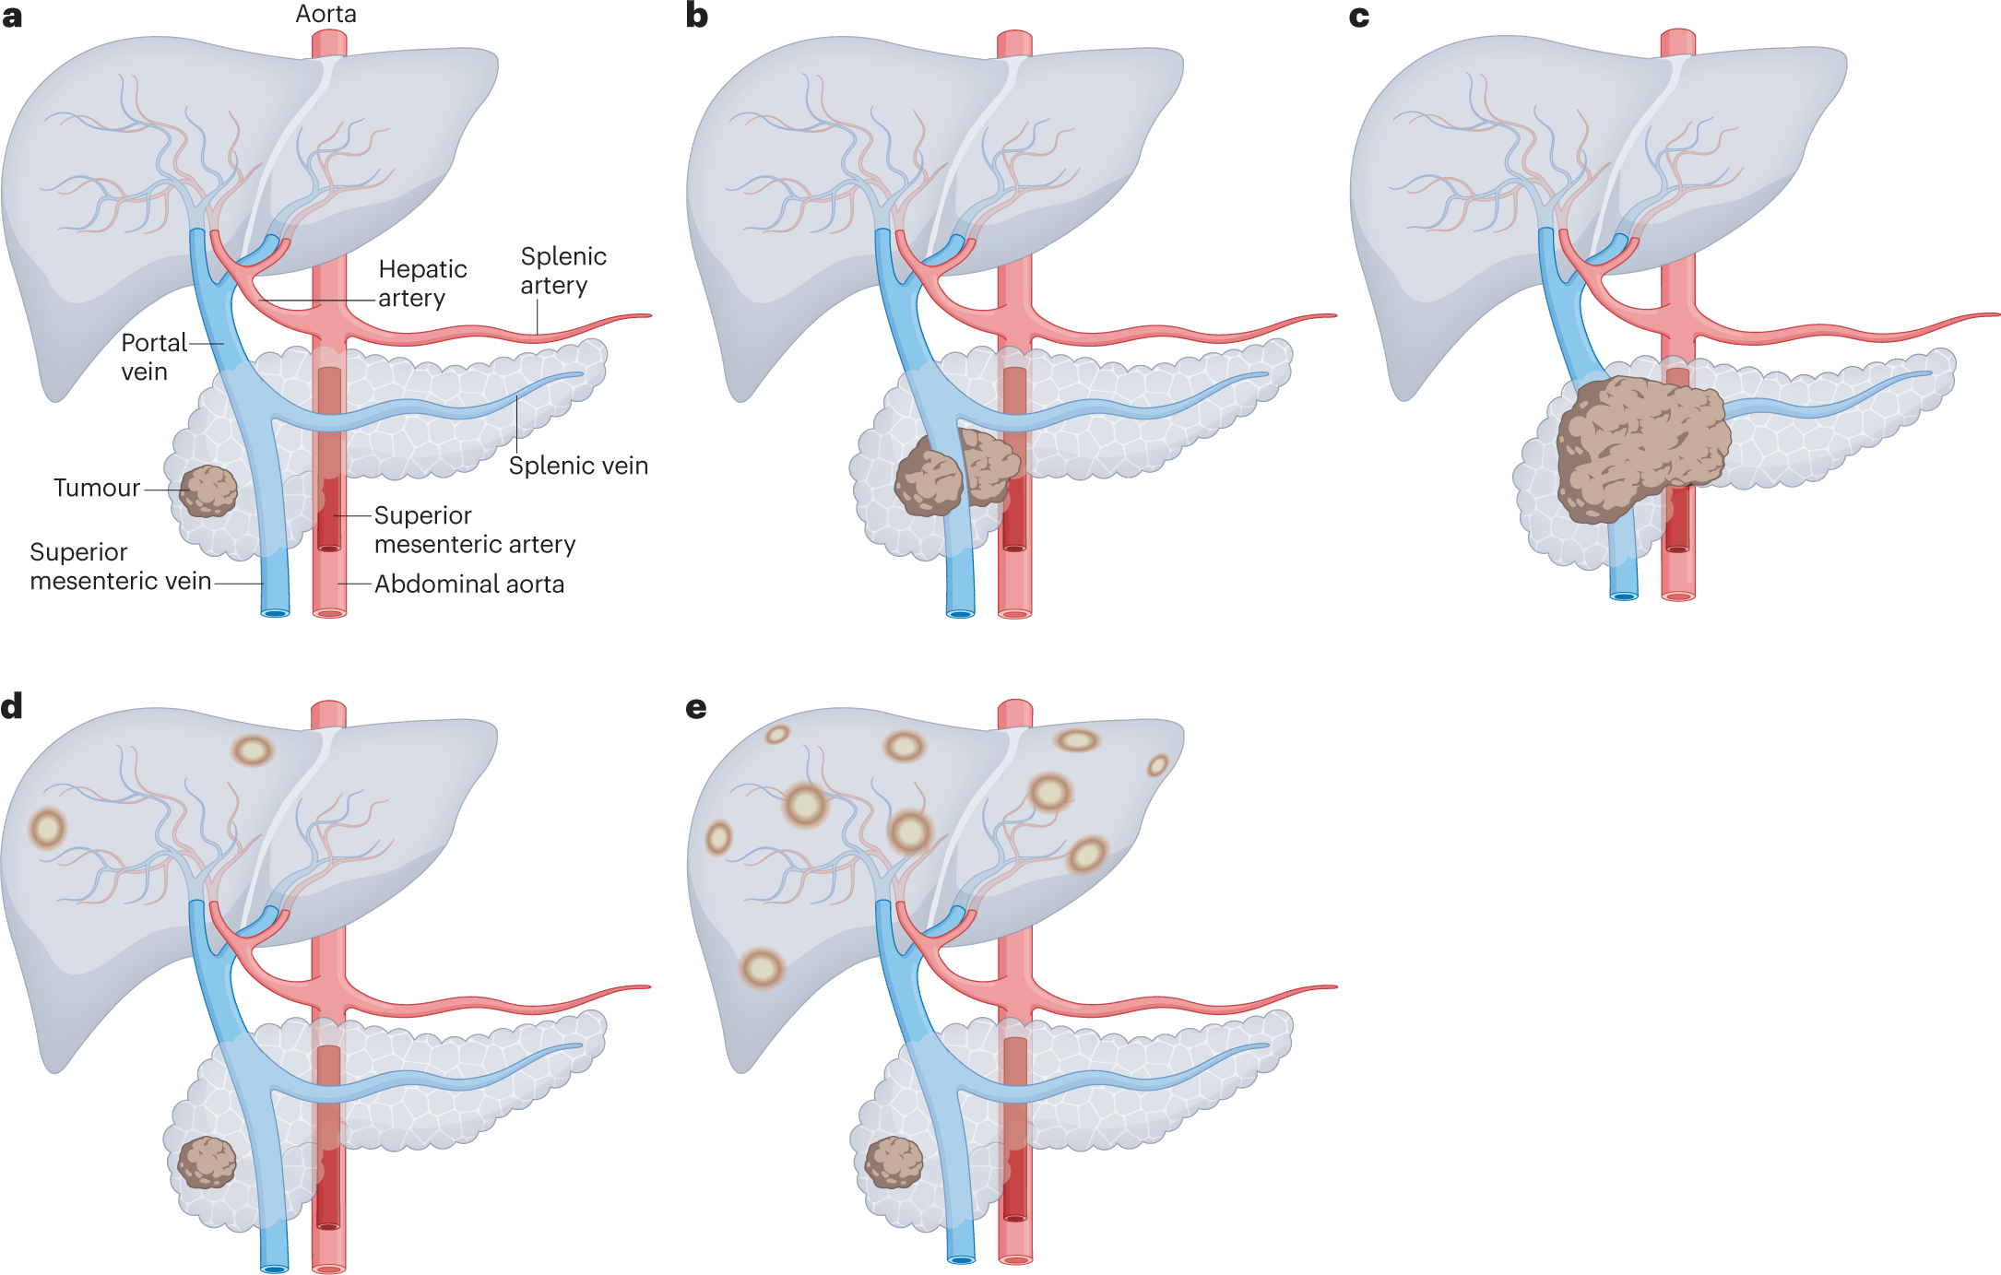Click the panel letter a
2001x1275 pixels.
click(x=12, y=17)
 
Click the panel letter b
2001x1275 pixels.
click(x=697, y=17)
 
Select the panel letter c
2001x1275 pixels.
click(x=1359, y=17)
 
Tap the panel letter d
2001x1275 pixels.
click(x=12, y=706)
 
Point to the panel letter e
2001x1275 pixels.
click(x=697, y=708)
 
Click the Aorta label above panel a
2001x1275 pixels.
click(x=326, y=14)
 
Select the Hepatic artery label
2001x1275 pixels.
click(x=421, y=283)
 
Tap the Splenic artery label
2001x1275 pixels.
click(x=562, y=270)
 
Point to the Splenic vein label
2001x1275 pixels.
click(x=578, y=466)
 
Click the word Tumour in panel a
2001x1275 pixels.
click(x=97, y=488)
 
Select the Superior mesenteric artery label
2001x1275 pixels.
click(x=474, y=530)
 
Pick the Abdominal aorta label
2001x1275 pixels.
click(x=468, y=584)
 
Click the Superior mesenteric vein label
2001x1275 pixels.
click(x=120, y=566)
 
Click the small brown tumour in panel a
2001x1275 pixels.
click(x=208, y=490)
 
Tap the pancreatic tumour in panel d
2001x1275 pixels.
click(x=207, y=1162)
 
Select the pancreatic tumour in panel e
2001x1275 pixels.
click(x=894, y=1162)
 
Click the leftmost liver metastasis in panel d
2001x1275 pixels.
click(x=47, y=827)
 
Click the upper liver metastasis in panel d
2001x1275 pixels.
click(x=253, y=750)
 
